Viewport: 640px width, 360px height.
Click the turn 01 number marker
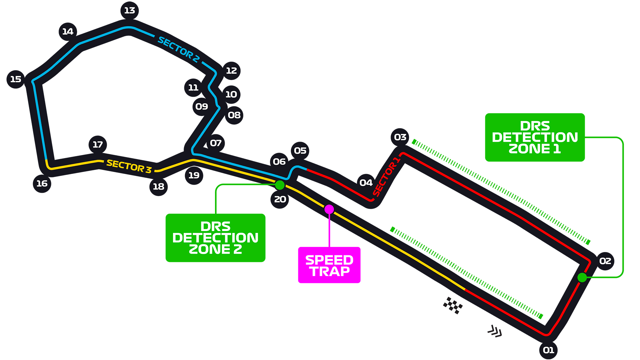(x=548, y=350)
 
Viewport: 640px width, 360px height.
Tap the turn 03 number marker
(x=400, y=137)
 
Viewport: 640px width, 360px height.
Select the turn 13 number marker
(x=129, y=11)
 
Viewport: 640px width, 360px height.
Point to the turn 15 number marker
(x=16, y=79)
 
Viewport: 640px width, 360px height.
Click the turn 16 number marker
(x=42, y=183)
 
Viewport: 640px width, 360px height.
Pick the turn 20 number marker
(x=280, y=199)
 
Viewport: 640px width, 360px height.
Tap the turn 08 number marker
(x=234, y=115)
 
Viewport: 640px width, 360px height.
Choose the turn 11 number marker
(x=193, y=88)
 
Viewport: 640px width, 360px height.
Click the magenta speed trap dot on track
(x=329, y=209)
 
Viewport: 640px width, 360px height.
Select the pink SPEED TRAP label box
(x=329, y=265)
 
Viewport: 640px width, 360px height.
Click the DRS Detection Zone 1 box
(x=535, y=137)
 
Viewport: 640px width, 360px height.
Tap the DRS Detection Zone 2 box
(x=215, y=238)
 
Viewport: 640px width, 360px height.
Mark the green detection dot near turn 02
(x=582, y=277)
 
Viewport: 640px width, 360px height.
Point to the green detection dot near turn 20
(x=280, y=185)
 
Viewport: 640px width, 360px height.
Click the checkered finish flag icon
(x=453, y=305)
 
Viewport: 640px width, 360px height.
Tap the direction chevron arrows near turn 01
(x=495, y=331)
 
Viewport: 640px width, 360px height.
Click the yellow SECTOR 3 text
(x=129, y=166)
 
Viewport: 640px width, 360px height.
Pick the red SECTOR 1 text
(x=386, y=177)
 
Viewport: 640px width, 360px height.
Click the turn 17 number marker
(x=98, y=145)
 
